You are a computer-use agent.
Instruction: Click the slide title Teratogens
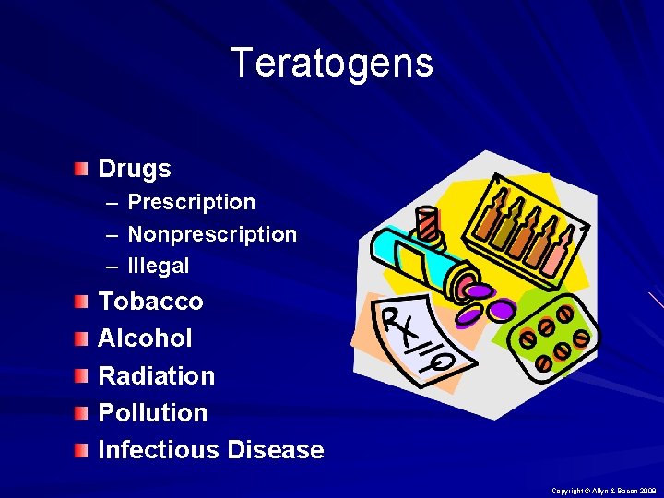click(x=331, y=64)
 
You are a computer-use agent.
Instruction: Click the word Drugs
click(x=135, y=169)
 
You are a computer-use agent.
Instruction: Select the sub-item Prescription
click(x=191, y=202)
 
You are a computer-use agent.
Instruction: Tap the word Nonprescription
click(x=212, y=234)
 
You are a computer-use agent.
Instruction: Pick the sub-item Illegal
click(x=159, y=267)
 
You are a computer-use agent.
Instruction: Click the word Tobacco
click(x=150, y=302)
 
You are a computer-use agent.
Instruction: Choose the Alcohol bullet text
click(x=145, y=338)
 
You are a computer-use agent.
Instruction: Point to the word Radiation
click(x=156, y=376)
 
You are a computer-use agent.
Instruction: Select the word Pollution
click(x=152, y=413)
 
